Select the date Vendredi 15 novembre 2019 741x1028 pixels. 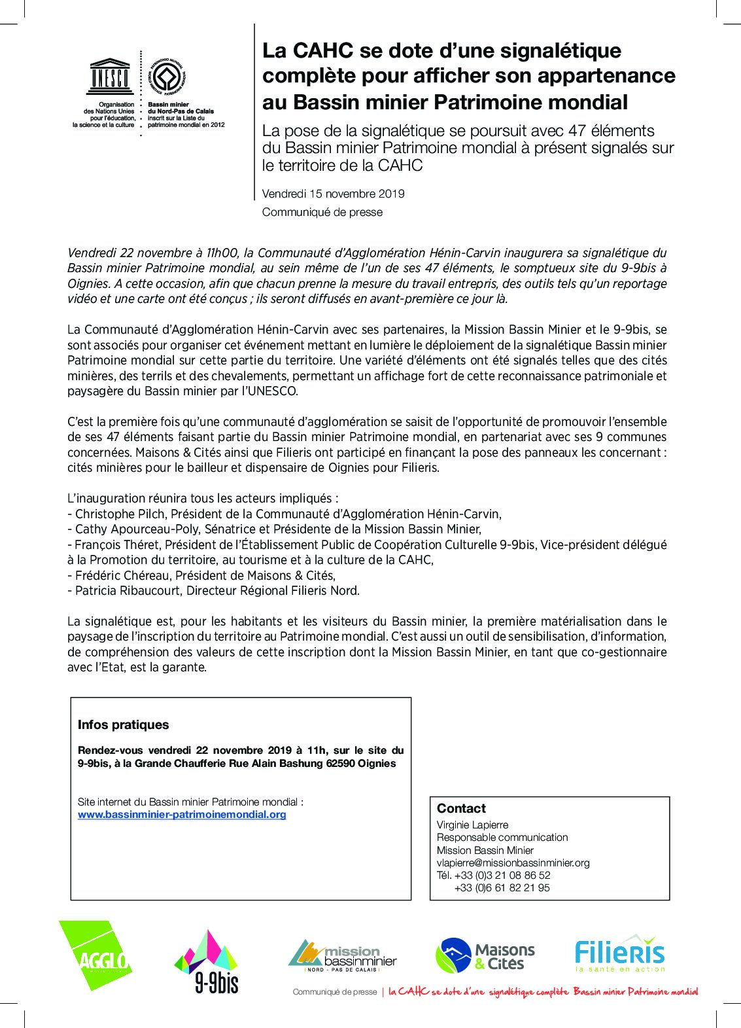[x=333, y=194]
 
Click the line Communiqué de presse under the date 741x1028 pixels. [x=322, y=212]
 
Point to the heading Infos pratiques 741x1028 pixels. [x=123, y=724]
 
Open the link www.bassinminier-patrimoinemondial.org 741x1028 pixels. [x=182, y=815]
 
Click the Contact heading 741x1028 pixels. [x=461, y=808]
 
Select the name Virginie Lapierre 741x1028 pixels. [x=472, y=825]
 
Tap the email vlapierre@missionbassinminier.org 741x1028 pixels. [x=513, y=862]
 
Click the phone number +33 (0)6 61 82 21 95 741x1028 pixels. [x=502, y=888]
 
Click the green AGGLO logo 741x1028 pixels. [x=96, y=955]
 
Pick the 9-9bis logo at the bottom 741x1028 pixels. [x=206, y=963]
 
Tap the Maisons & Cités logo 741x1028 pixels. [x=485, y=956]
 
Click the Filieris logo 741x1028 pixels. [x=619, y=953]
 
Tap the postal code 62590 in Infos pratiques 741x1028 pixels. [x=341, y=764]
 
